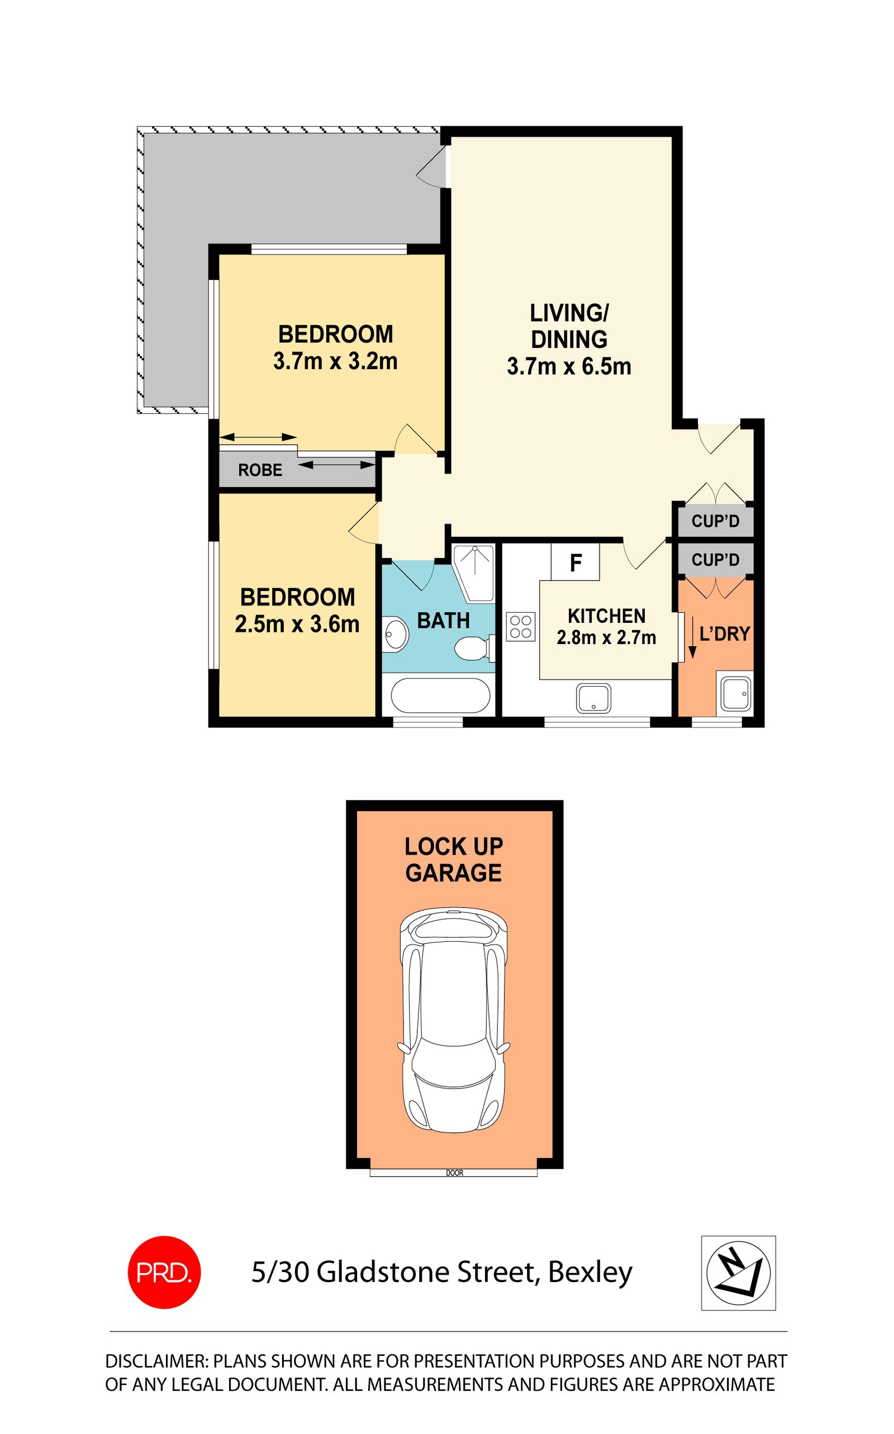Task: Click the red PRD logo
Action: [x=164, y=1272]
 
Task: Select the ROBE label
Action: [x=260, y=470]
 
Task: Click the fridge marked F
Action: [x=576, y=562]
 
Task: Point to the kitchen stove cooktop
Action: [x=521, y=627]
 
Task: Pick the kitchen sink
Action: [x=593, y=698]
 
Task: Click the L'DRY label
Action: [x=725, y=634]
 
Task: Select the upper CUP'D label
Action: [x=715, y=521]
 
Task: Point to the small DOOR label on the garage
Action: [x=455, y=1173]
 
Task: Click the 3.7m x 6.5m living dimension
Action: [x=569, y=366]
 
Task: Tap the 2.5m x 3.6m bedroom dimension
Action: [x=297, y=624]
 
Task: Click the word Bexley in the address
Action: [x=590, y=1273]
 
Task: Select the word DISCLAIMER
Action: [x=156, y=1361]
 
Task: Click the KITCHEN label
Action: [x=607, y=616]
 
